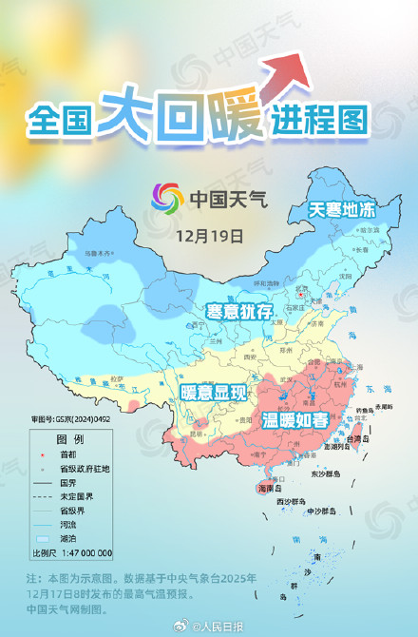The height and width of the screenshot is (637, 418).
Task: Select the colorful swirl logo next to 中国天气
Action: click(x=168, y=199)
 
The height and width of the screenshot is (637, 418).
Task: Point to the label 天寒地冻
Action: click(x=341, y=210)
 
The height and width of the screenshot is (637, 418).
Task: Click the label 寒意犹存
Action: click(x=240, y=311)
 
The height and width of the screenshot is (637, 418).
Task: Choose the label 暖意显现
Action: click(x=213, y=391)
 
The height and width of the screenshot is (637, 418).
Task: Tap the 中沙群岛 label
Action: click(x=322, y=511)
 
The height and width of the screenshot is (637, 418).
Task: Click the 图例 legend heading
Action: click(x=69, y=440)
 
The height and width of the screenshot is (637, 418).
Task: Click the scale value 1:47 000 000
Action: click(x=85, y=552)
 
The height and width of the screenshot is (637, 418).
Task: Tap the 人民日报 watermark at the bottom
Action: click(x=225, y=626)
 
